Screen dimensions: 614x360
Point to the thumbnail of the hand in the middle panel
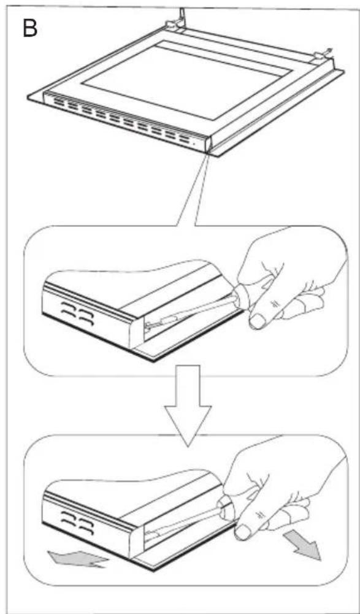point(259,318)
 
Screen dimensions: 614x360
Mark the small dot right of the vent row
point(195,140)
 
